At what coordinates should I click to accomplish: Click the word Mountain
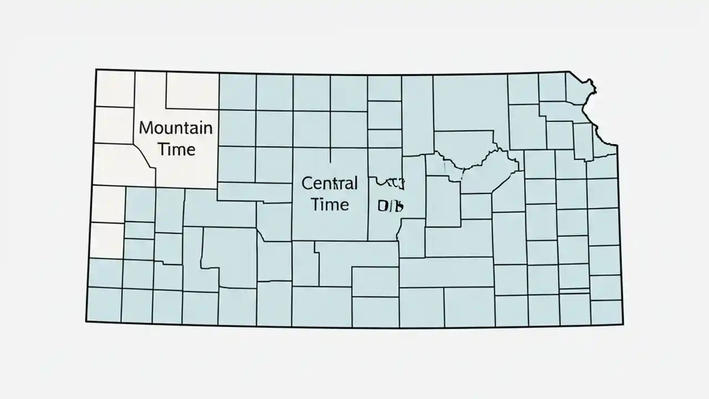pyautogui.click(x=175, y=128)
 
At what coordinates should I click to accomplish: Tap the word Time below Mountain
pyautogui.click(x=176, y=150)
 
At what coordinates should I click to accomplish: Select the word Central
pyautogui.click(x=330, y=183)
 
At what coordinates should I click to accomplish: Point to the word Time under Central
pyautogui.click(x=330, y=204)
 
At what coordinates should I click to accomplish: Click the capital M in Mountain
pyautogui.click(x=146, y=128)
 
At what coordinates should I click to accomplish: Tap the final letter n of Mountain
pyautogui.click(x=207, y=129)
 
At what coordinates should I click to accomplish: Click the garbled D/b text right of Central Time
pyautogui.click(x=390, y=206)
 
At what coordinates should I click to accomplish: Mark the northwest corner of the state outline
pyautogui.click(x=96, y=70)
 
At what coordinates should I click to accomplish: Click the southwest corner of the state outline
pyautogui.click(x=86, y=321)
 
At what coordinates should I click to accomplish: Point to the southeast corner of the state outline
pyautogui.click(x=623, y=324)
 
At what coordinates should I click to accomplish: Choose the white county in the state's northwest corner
pyautogui.click(x=115, y=88)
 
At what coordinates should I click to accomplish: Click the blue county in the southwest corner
pyautogui.click(x=104, y=304)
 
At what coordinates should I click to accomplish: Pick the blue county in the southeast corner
pyautogui.click(x=606, y=312)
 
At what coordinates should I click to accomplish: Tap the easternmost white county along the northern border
pyautogui.click(x=192, y=90)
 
